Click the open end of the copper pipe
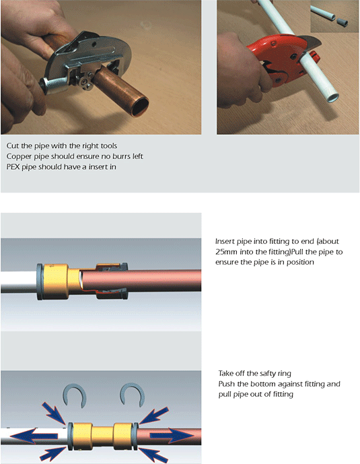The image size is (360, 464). [x=140, y=107]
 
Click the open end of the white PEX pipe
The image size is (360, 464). [x=333, y=97]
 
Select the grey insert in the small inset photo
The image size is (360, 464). [x=343, y=22]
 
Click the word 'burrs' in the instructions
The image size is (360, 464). [x=122, y=156]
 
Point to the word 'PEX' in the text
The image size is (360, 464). [x=13, y=167]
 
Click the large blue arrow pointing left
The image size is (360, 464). [x=34, y=436]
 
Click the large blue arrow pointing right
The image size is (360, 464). [x=172, y=436]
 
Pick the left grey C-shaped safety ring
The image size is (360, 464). [x=74, y=395]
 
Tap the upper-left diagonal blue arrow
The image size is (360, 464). [x=54, y=413]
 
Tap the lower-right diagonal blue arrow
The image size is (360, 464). [x=153, y=455]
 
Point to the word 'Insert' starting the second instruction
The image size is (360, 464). [x=225, y=242]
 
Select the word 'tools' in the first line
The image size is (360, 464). [x=109, y=145]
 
